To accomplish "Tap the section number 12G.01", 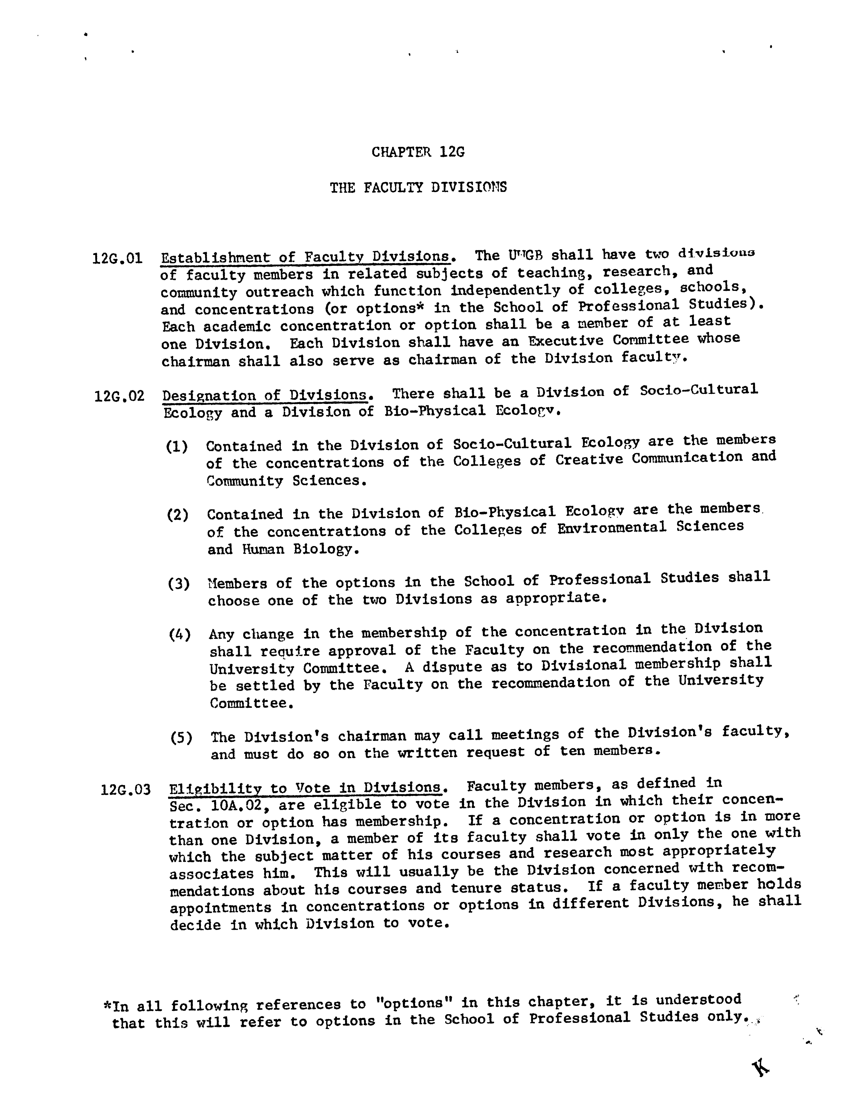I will pos(118,259).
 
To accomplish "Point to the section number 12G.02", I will pos(119,396).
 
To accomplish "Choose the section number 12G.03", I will pos(126,789).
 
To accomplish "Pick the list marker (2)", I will pos(178,515).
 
